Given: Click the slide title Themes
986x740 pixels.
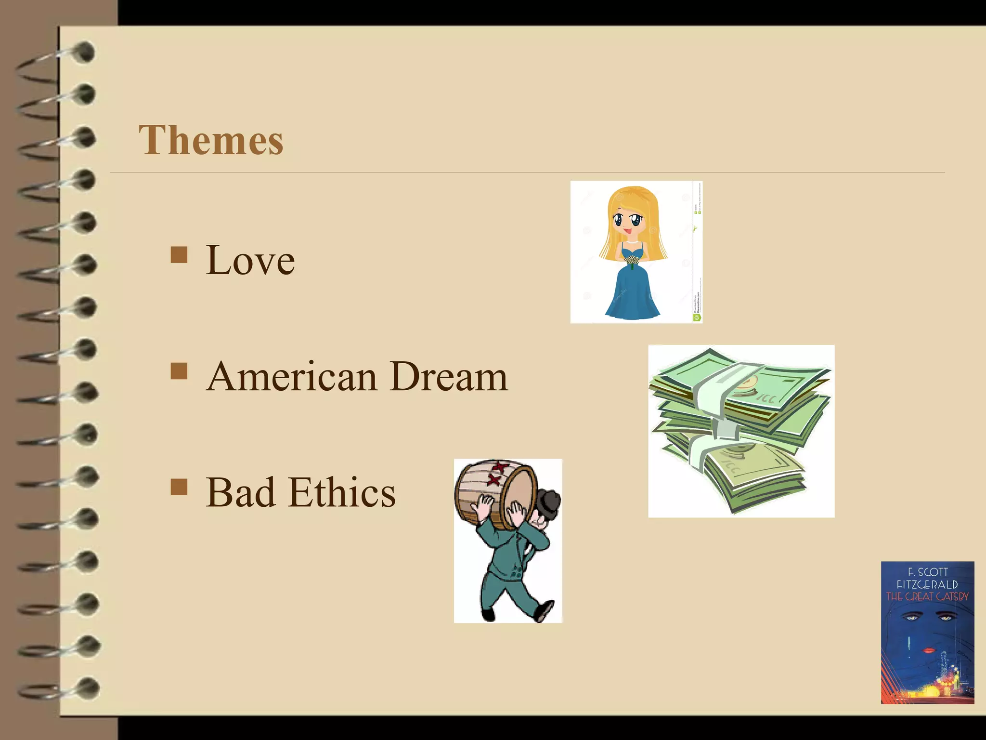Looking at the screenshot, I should pos(211,140).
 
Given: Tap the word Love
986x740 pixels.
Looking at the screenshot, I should pos(250,260).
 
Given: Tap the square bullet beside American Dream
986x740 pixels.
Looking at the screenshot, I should pos(179,371).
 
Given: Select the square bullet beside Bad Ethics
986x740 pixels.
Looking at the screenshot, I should pos(179,487).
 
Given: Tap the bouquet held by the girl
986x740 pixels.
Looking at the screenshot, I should pos(632,261).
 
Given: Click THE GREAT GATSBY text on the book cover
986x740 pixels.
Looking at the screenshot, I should pos(927,596).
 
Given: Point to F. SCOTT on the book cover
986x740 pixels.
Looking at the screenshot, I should pos(927,572).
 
